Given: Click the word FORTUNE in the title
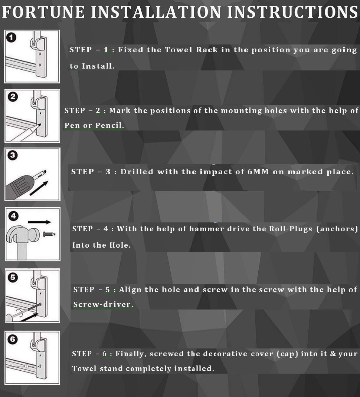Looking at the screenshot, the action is tap(43, 12).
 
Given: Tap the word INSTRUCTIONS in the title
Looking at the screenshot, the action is tap(293, 12).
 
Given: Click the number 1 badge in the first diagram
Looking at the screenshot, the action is tap(11, 37).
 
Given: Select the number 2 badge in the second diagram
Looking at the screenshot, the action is tap(13, 97).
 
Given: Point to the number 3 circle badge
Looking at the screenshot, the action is tap(13, 155).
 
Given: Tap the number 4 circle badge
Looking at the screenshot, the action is tap(13, 216).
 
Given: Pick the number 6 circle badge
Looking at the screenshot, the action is tap(13, 339).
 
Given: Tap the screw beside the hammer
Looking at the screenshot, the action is tap(49, 234).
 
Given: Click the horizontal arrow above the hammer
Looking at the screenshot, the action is tap(39, 222).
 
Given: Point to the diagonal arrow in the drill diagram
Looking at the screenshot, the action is tap(39, 188).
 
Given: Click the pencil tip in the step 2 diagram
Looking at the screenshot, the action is tap(40, 125).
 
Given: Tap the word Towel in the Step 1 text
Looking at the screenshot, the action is tap(178, 50).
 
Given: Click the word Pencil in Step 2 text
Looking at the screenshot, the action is tap(109, 125).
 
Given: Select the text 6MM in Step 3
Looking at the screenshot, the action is tap(258, 172).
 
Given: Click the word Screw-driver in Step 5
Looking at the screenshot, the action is tap(103, 304).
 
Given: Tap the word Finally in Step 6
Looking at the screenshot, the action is tap(131, 354).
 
